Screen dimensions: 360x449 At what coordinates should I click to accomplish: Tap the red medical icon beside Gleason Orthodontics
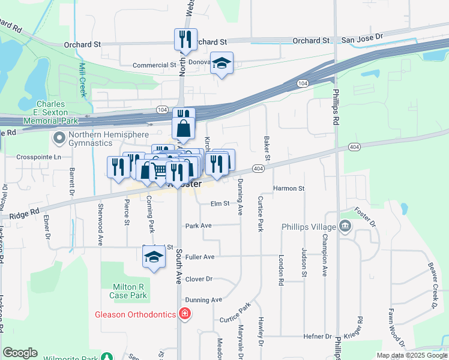click(185, 314)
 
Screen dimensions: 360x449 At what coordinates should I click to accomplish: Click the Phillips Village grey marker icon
click(345, 227)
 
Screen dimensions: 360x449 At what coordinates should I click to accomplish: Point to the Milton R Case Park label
click(129, 291)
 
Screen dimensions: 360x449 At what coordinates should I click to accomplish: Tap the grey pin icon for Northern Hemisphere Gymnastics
click(59, 139)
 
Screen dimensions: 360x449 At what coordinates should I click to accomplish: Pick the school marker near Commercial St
click(221, 63)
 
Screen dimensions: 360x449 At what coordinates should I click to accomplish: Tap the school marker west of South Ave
click(154, 257)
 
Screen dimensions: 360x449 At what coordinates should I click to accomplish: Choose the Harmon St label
click(289, 188)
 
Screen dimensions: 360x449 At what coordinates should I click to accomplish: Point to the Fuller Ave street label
click(200, 257)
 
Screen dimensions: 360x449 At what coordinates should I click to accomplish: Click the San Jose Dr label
click(362, 37)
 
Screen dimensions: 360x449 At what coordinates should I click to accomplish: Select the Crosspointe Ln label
click(40, 157)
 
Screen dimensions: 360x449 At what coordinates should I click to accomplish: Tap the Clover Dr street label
click(199, 279)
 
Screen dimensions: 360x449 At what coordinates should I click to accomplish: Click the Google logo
click(20, 353)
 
